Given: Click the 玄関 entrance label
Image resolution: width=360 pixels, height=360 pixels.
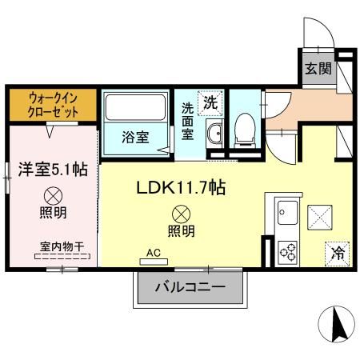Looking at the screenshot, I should [318, 69].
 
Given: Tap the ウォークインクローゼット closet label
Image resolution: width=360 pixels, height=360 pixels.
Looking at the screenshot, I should [53, 104].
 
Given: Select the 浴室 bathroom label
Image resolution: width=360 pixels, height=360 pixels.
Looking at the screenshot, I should [134, 137].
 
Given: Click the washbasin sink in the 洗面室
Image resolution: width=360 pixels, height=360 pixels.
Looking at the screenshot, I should [214, 134].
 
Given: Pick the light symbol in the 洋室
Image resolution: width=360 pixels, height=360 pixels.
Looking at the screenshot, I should [54, 194].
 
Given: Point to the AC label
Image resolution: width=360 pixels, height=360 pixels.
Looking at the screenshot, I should [154, 254].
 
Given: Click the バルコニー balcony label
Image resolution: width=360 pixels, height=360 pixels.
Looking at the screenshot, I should [189, 286].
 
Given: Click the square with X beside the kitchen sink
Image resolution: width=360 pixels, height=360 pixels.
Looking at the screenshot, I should [319, 216].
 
